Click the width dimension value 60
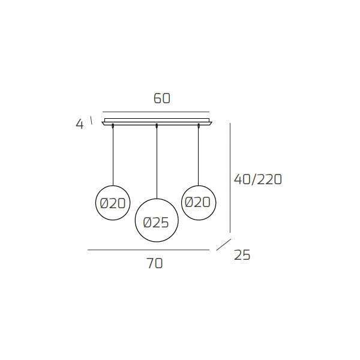click(162, 98)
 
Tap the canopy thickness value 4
click(79, 125)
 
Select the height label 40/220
click(257, 179)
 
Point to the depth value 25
click(242, 255)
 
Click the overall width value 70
click(154, 263)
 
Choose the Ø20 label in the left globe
click(113, 203)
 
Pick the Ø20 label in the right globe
click(198, 202)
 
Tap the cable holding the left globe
click(113, 156)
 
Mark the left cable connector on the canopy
click(113, 125)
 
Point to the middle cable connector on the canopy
click(157, 125)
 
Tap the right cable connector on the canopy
click(199, 125)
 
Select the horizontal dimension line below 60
click(156, 112)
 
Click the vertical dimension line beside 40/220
click(230, 177)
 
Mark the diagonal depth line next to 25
click(223, 245)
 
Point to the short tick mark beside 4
click(91, 120)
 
